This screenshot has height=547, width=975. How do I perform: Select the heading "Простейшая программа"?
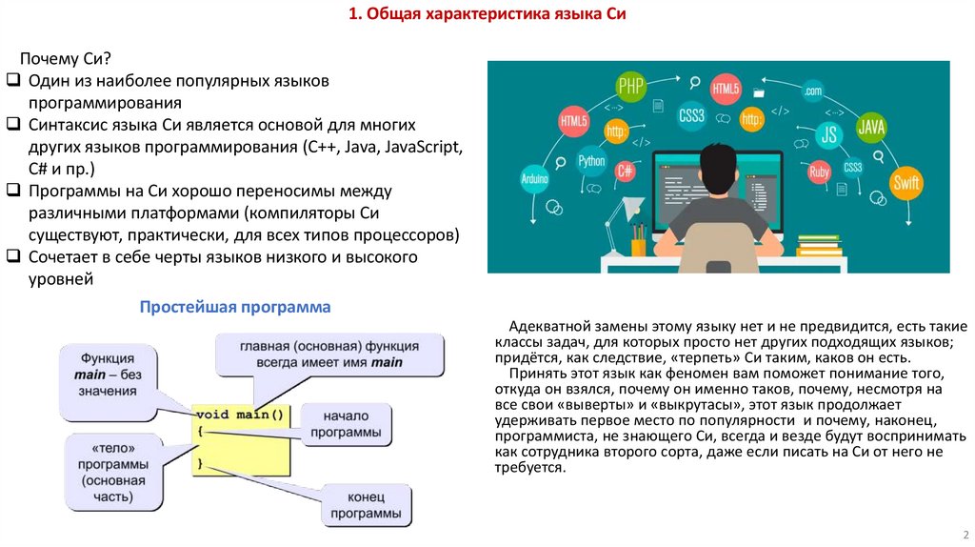click(235, 307)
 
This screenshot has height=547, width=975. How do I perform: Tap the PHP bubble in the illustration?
click(631, 87)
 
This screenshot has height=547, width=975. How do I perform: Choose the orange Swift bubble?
click(906, 181)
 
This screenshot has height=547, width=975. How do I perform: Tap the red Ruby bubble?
click(819, 172)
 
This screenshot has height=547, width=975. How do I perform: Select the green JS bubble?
click(828, 134)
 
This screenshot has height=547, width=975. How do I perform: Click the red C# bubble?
click(626, 172)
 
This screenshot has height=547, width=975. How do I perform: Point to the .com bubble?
click(812, 91)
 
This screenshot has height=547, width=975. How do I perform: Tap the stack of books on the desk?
click(819, 245)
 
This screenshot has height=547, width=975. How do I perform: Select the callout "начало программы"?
click(345, 424)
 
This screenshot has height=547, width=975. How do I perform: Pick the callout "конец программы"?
click(366, 505)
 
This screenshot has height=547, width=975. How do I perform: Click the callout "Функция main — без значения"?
click(108, 375)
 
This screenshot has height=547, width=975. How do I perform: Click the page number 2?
click(965, 534)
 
